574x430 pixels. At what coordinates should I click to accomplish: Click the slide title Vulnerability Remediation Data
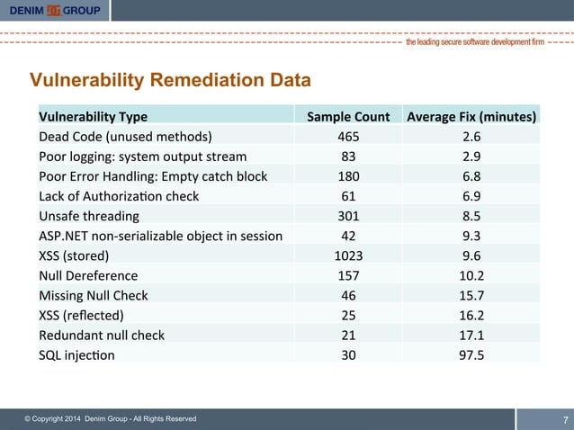171,80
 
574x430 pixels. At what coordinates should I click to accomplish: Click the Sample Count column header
348,117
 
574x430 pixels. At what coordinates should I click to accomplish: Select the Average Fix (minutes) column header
471,117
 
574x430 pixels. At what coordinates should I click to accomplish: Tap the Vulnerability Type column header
93,117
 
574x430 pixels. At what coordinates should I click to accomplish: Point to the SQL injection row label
76,354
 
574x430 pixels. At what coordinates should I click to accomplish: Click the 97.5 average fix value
471,354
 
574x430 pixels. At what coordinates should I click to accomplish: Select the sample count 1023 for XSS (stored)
348,255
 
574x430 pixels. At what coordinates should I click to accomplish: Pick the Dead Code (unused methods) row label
125,137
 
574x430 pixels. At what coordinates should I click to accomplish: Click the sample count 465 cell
348,137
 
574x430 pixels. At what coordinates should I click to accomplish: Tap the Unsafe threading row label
88,216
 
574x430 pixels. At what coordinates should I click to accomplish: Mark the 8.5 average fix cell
471,216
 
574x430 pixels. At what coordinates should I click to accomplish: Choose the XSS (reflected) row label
81,315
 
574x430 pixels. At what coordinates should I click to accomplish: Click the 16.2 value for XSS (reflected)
471,315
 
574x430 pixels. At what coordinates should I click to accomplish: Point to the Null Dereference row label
88,275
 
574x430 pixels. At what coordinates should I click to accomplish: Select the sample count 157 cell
348,275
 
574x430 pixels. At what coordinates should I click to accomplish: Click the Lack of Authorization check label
119,196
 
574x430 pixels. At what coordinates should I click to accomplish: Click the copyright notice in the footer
110,419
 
